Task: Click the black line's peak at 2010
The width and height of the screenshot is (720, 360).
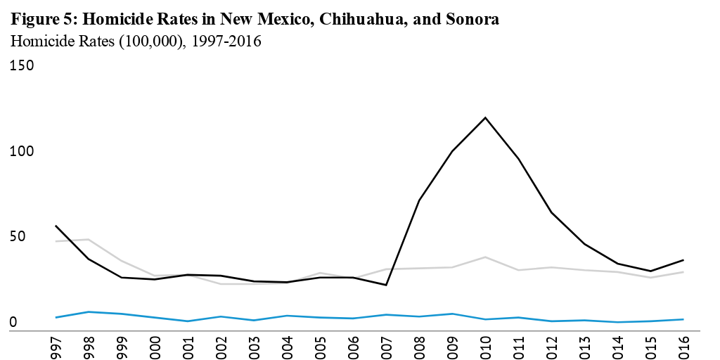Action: (x=484, y=117)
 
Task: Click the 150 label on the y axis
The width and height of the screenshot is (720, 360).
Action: (x=22, y=65)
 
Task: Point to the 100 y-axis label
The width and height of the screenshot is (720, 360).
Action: (x=22, y=151)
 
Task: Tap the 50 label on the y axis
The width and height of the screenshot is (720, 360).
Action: (x=18, y=236)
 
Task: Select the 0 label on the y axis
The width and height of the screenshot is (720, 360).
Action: (x=13, y=322)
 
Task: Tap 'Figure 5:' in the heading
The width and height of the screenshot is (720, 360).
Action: (x=40, y=20)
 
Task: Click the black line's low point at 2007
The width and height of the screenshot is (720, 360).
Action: (x=386, y=285)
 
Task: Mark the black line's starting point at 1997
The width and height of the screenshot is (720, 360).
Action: (x=56, y=226)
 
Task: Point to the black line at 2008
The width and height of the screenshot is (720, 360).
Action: (x=419, y=200)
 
